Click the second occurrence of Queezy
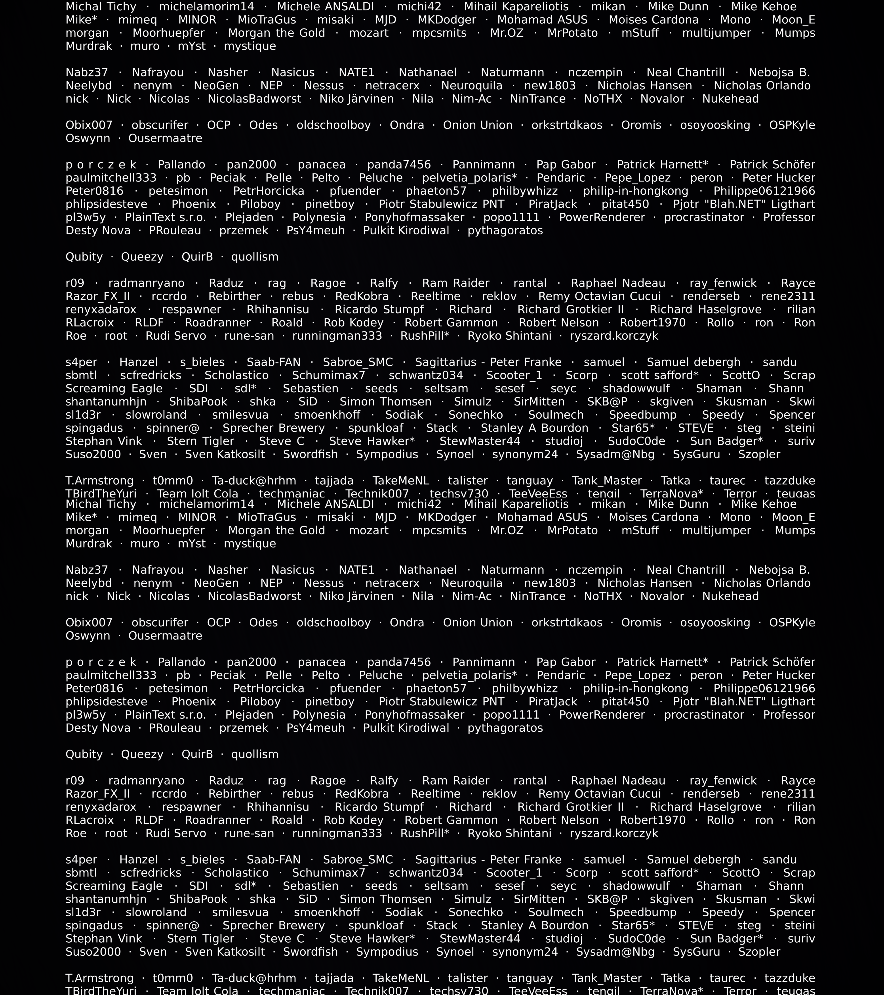click(142, 754)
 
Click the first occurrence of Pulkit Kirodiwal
click(406, 231)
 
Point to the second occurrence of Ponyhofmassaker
click(415, 715)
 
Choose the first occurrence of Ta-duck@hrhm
click(254, 481)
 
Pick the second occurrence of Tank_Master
click(607, 978)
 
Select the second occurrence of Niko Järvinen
click(357, 596)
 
